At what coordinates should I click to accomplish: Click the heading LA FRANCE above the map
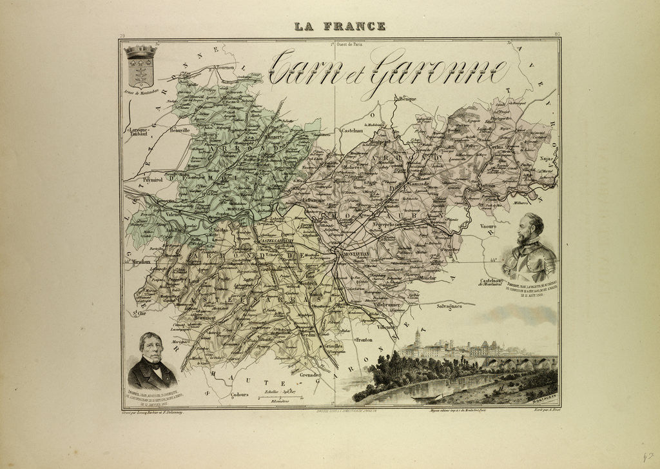coord(340,26)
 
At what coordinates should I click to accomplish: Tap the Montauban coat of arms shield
coord(140,67)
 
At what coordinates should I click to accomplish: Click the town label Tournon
coord(226,67)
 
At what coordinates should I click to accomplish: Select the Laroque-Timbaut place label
coord(139,132)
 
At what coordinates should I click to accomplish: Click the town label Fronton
coord(364,339)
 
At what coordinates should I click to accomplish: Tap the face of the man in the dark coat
coord(152,349)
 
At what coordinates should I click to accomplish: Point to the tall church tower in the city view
coord(417,338)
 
